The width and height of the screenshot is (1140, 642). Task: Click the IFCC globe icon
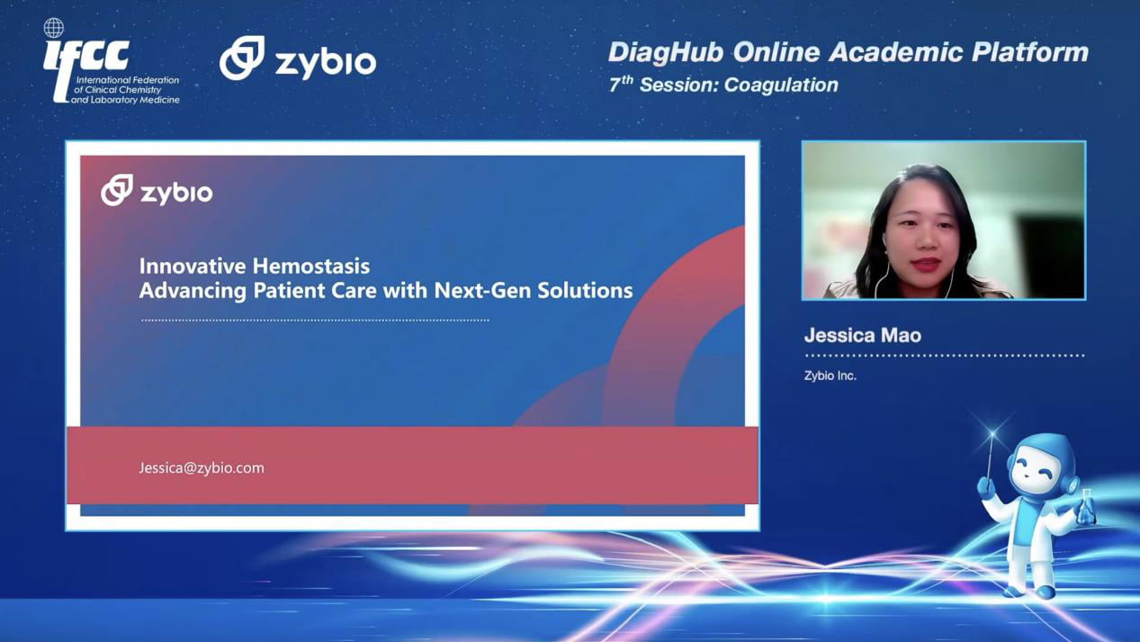53,28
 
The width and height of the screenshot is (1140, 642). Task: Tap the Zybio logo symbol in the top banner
242,58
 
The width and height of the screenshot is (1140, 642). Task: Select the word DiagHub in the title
666,53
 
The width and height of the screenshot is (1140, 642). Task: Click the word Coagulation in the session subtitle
781,85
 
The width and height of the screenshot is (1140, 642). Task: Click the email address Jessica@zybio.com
202,468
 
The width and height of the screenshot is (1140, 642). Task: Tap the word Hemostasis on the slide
311,266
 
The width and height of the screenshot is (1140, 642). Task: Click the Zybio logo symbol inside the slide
117,190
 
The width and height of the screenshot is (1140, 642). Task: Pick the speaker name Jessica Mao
863,335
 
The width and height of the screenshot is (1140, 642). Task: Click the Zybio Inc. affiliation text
830,375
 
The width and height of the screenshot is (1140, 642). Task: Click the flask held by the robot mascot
1087,508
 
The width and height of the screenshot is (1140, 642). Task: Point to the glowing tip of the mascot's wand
992,434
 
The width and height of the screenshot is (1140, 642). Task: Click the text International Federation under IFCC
128,80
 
